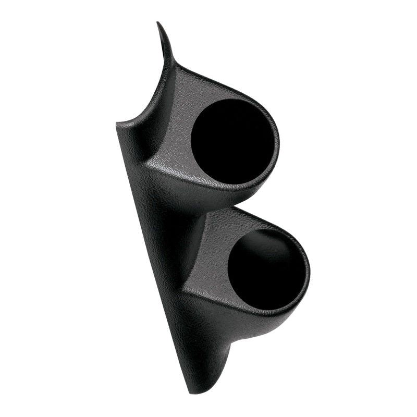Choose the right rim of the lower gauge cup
309,268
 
